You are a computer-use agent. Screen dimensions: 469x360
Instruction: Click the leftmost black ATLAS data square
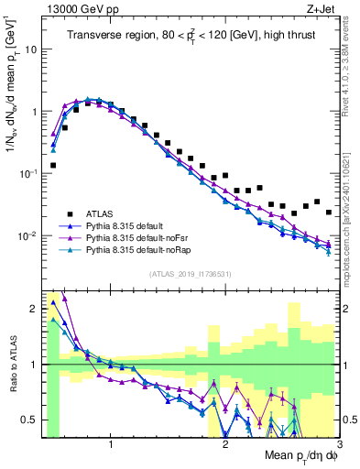tap(53, 166)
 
